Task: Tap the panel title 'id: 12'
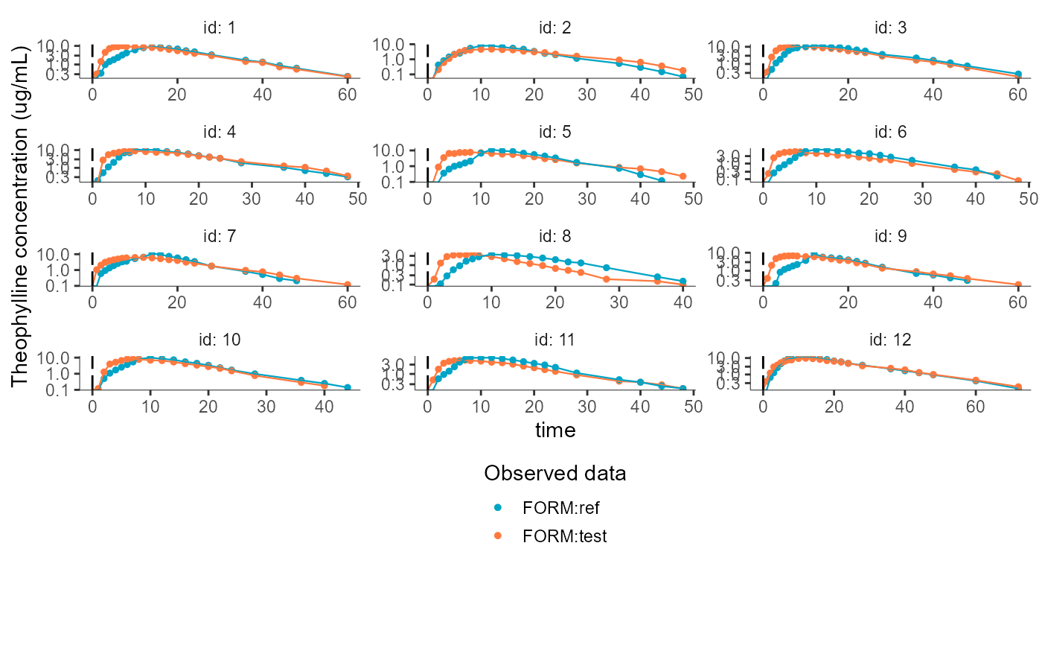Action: [x=891, y=340]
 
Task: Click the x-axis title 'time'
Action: [x=555, y=430]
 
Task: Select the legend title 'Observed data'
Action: [x=554, y=473]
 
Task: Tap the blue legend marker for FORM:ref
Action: [x=499, y=508]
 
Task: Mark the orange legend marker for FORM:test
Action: [x=499, y=536]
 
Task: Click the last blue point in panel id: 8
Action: [x=683, y=282]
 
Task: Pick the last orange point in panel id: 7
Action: [x=348, y=285]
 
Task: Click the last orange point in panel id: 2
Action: [x=683, y=71]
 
